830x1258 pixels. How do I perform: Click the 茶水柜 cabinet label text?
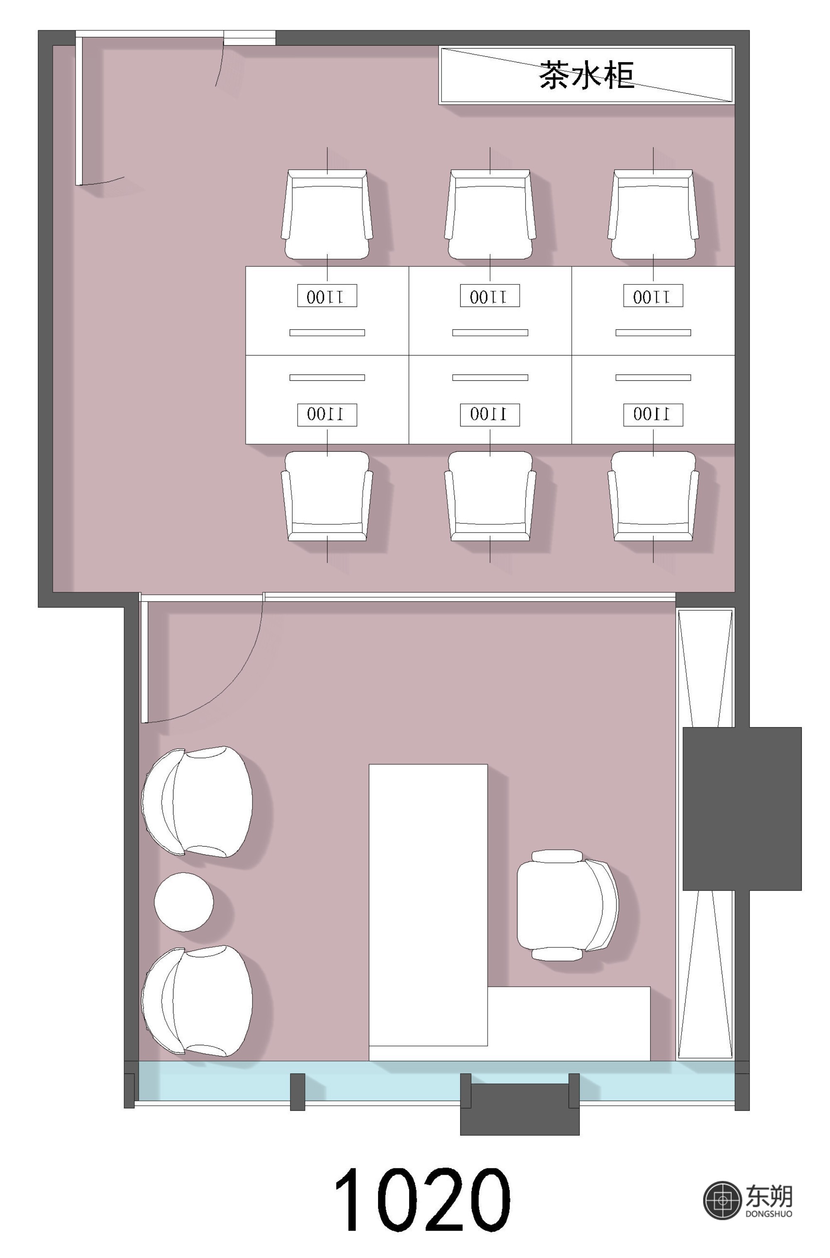click(586, 75)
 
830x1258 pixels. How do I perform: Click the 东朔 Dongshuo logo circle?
click(722, 1201)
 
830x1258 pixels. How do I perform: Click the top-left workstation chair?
click(327, 214)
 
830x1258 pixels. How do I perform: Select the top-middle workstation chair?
click(490, 214)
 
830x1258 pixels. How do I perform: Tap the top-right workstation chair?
click(653, 214)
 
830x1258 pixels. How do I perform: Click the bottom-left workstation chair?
click(327, 496)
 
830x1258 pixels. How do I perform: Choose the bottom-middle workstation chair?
click(490, 496)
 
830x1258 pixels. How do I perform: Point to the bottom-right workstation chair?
click(653, 496)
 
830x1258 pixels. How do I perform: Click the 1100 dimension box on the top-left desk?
click(327, 296)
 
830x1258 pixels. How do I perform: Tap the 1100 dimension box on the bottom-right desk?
click(653, 415)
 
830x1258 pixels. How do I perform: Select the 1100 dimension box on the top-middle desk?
click(490, 296)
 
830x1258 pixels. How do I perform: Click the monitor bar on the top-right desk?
click(653, 333)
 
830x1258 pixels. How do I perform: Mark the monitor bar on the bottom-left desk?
click(327, 378)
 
